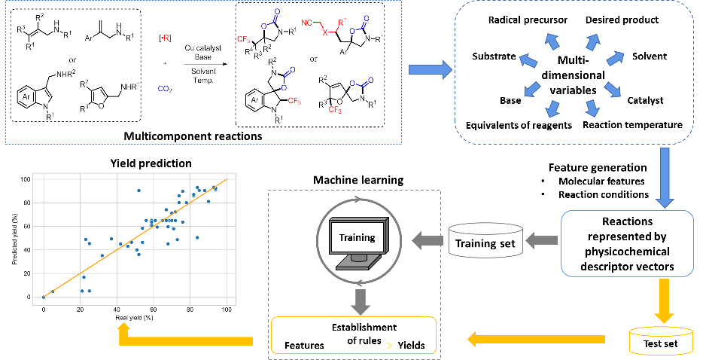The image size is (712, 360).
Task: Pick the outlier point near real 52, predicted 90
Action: point(138,191)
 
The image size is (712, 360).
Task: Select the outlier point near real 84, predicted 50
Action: point(197,237)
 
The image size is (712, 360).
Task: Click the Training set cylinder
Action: point(485,241)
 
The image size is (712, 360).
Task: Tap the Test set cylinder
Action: point(661,340)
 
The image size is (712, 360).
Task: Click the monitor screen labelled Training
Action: point(357,238)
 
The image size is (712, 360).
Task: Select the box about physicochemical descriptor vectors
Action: point(626,243)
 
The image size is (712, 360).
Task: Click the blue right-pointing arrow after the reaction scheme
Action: point(430,70)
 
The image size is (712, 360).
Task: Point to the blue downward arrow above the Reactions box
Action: point(664,178)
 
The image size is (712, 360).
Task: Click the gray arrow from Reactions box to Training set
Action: point(541,241)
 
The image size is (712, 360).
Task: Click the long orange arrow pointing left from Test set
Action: point(536,340)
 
